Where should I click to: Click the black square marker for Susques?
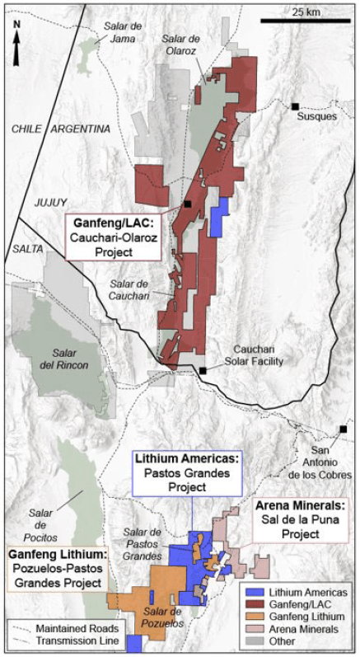pyautogui.click(x=294, y=106)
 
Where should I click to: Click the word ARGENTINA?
pyautogui.click(x=80, y=129)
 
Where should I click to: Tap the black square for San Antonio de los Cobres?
pyautogui.click(x=343, y=429)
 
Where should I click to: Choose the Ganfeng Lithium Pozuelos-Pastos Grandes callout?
pyautogui.click(x=58, y=567)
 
